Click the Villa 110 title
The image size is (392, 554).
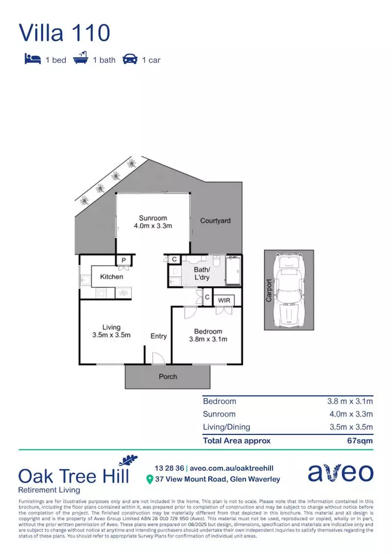[65, 32]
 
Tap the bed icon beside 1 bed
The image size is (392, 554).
[32, 60]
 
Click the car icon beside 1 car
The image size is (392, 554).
[130, 60]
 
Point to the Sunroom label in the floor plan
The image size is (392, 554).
[153, 218]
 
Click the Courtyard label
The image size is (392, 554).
[215, 221]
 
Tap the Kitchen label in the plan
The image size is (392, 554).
[111, 277]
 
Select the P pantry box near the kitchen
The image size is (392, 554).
[124, 261]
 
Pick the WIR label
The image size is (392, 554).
[224, 300]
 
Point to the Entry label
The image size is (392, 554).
[159, 336]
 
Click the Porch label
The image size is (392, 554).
[168, 377]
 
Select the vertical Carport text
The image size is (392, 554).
[269, 290]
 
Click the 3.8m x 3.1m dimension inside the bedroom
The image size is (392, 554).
[208, 339]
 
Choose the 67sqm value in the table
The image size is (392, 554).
[360, 441]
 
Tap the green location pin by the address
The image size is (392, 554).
[150, 480]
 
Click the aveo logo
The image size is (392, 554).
[340, 472]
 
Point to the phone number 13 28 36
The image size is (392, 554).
[169, 468]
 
